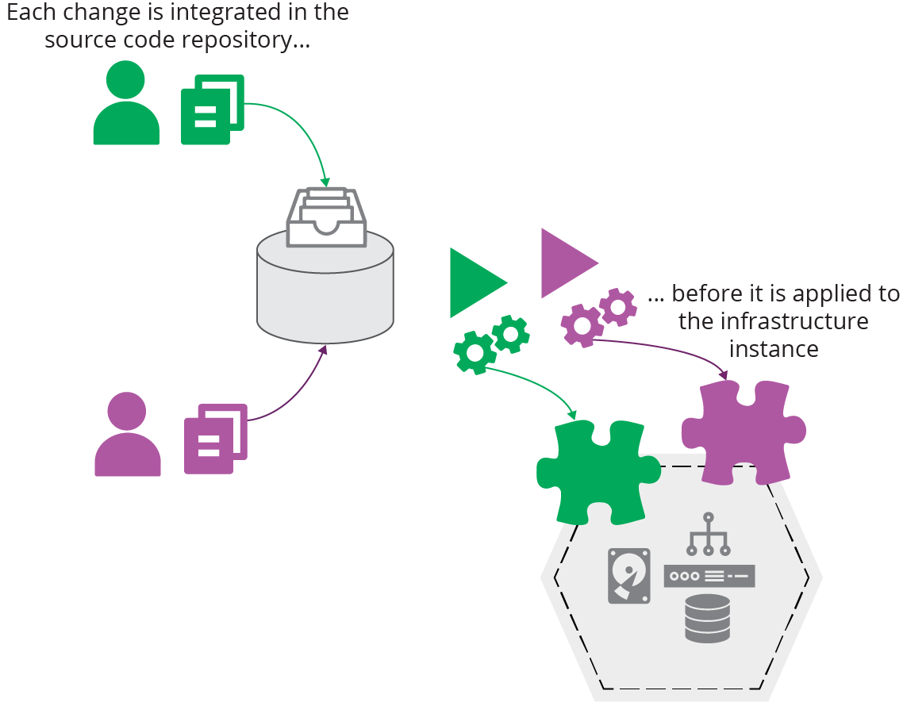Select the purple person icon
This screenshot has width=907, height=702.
pyautogui.click(x=127, y=435)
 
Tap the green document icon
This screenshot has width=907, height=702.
pyautogui.click(x=212, y=109)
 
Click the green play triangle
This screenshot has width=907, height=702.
pyautogui.click(x=474, y=282)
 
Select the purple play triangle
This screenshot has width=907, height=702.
pyautogui.click(x=564, y=263)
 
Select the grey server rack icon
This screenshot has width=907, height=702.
pyautogui.click(x=709, y=576)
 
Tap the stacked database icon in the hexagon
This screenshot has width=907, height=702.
pyautogui.click(x=707, y=618)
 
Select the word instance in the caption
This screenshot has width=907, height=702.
pyautogui.click(x=774, y=349)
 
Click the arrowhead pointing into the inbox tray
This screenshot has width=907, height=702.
pyautogui.click(x=325, y=182)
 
